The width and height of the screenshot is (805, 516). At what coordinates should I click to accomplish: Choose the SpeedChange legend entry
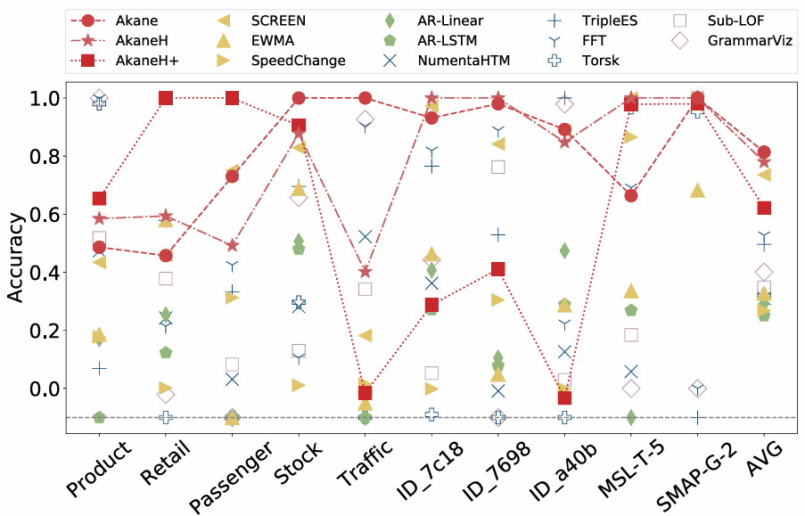[299, 61]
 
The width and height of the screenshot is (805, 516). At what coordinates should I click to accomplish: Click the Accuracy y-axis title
[17, 258]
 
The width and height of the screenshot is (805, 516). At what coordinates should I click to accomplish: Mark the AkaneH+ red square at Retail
[166, 98]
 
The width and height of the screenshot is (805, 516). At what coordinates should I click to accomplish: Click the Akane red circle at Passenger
[232, 176]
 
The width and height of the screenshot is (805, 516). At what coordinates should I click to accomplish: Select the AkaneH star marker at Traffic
[365, 271]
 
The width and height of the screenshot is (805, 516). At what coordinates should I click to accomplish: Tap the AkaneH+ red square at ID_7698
[497, 269]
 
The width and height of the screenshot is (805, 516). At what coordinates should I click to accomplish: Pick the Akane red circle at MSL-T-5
[631, 195]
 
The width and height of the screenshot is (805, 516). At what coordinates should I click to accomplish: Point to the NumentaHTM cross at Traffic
[365, 236]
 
